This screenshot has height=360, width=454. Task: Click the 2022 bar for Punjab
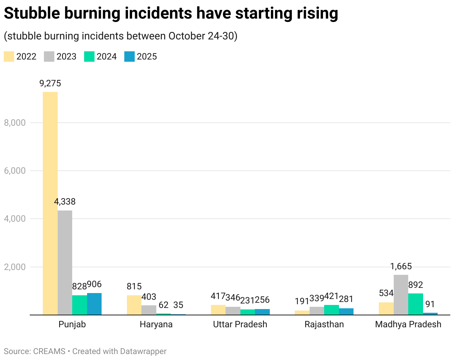click(50, 203)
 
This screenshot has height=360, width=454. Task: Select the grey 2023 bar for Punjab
click(65, 263)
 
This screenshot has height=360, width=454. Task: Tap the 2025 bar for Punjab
click(94, 304)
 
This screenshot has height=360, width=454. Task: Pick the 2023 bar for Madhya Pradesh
click(401, 295)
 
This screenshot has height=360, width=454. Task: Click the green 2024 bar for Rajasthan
click(332, 310)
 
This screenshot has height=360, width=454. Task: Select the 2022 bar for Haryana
click(134, 305)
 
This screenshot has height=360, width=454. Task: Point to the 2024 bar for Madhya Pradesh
click(416, 304)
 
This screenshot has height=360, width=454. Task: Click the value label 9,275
click(50, 83)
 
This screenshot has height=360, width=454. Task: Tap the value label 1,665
click(401, 266)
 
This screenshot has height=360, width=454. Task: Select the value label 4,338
click(65, 202)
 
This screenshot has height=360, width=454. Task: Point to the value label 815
click(134, 286)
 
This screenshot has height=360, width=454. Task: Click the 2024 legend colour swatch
click(89, 57)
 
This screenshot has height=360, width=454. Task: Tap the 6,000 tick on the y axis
click(15, 171)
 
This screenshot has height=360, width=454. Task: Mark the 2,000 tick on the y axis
click(15, 267)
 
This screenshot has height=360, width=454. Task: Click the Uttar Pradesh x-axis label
click(240, 324)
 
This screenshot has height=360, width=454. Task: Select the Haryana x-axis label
click(156, 324)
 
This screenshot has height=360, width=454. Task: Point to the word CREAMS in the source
click(49, 351)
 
